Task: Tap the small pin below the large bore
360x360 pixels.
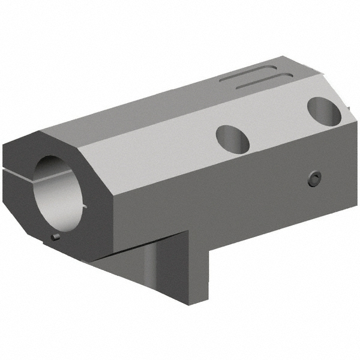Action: coord(56,238)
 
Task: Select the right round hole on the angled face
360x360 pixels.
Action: coord(324,111)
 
